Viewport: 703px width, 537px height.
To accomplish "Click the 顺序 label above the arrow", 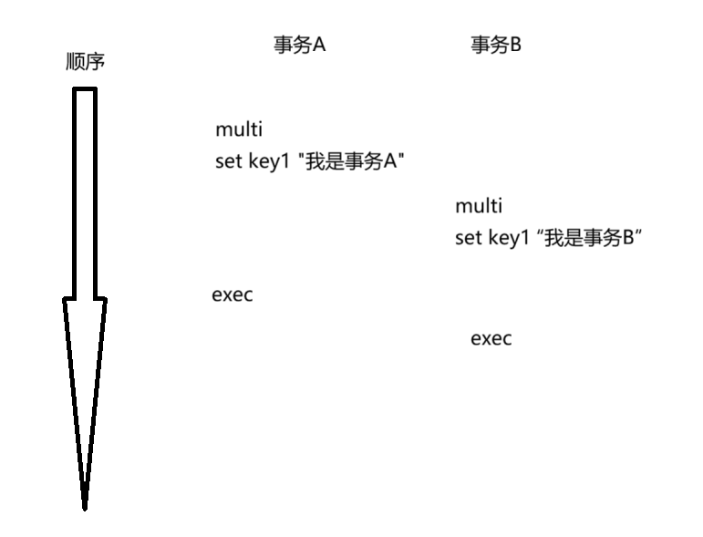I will pos(86,62).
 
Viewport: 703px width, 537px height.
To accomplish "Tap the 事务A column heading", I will pos(299,46).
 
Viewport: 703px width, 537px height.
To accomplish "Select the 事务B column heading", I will pos(495,46).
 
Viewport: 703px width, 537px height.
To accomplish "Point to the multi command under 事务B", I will pos(478,206).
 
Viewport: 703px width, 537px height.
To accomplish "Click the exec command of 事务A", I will pos(232,295).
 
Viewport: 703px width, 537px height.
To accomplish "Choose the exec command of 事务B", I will pos(491,339).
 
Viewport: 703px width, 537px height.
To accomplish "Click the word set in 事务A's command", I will pos(225,162).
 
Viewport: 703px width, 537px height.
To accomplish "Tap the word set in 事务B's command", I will pos(465,240).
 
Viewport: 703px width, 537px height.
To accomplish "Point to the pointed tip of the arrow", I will pos(85,506).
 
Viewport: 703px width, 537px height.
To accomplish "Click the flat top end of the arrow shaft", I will pos(85,89).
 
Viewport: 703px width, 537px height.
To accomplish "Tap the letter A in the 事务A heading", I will pos(319,46).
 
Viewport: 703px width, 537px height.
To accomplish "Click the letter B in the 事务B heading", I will pos(515,46).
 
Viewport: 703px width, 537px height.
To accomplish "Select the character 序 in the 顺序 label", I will pos(96,62).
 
